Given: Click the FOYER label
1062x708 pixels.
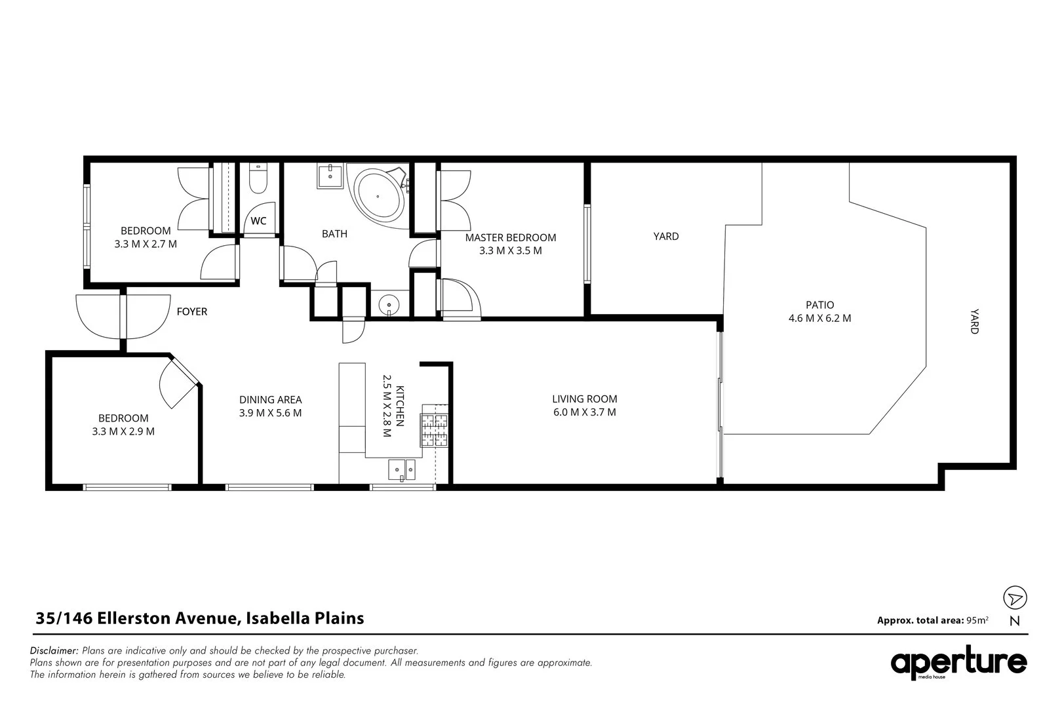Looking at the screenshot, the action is (192, 311).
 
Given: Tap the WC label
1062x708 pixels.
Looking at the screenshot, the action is (258, 221).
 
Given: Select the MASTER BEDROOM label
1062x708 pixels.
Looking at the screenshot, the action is (511, 237).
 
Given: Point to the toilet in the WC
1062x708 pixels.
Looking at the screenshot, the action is (258, 178).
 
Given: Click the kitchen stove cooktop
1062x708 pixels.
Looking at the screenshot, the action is (434, 430).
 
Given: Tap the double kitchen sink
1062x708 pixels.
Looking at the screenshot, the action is (402, 470).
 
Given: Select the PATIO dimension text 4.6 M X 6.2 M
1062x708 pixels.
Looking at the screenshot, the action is (819, 318).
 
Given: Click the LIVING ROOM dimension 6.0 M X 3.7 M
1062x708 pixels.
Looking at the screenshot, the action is (585, 412).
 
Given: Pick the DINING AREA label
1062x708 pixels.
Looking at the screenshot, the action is (270, 400).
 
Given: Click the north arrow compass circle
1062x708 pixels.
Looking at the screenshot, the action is (1015, 597).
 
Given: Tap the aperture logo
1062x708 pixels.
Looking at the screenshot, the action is (958, 662).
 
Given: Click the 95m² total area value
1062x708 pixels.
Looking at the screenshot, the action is (977, 619).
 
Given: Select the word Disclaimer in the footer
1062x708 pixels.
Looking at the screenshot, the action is (54, 650).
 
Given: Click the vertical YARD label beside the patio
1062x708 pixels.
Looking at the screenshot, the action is (974, 321).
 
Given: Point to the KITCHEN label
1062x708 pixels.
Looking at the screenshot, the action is (400, 406).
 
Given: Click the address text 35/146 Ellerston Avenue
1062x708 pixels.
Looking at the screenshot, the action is (136, 618).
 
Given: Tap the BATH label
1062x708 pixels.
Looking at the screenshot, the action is (335, 234).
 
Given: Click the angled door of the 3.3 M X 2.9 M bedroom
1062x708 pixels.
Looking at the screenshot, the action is (179, 382).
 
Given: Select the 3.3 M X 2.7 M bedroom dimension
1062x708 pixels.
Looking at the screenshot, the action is (146, 245).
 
